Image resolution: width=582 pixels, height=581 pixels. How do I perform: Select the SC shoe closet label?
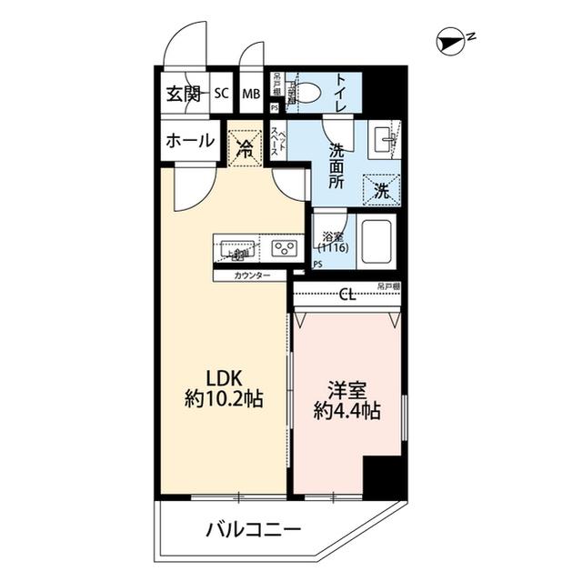(x=222, y=93)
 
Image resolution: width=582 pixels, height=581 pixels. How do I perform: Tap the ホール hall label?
(x=190, y=141)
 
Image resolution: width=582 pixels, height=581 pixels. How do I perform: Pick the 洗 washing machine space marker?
(x=382, y=191)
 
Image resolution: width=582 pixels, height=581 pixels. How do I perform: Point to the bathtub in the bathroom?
(x=376, y=241)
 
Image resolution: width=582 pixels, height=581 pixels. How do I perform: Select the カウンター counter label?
(x=252, y=275)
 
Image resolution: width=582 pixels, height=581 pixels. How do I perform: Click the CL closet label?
(x=346, y=295)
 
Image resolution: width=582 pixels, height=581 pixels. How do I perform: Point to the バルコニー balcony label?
(x=253, y=531)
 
